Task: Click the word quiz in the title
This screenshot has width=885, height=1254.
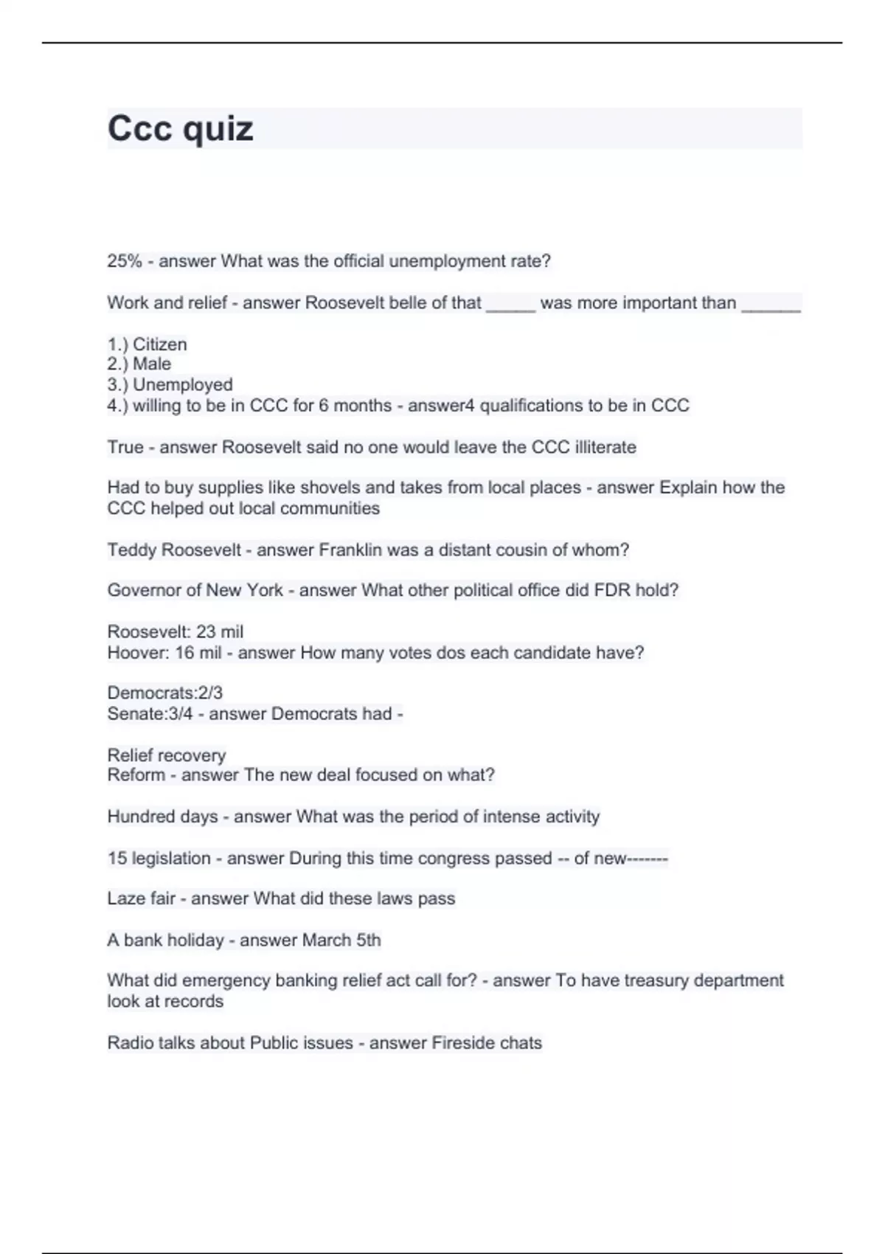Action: [x=218, y=130]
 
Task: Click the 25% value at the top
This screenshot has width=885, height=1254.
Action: [x=124, y=261]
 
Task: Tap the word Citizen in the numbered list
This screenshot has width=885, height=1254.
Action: [x=160, y=344]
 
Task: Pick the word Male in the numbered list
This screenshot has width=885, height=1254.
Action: [x=152, y=364]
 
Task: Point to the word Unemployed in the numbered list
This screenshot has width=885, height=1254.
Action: [x=183, y=385]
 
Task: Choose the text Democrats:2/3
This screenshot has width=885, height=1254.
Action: [x=165, y=693]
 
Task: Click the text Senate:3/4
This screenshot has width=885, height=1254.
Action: [x=150, y=714]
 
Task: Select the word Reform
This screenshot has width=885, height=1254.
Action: [x=136, y=775]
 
